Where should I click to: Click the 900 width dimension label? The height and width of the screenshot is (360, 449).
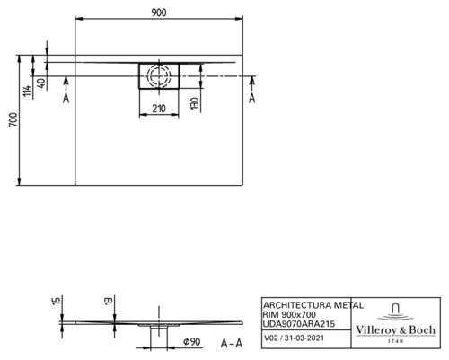[x=159, y=13]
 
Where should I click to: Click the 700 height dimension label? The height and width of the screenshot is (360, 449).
[x=13, y=120]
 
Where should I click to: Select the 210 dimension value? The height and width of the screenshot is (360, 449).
[x=159, y=109]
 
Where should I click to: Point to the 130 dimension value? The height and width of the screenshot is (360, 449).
[x=195, y=103]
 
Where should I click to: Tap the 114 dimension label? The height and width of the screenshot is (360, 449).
[x=27, y=91]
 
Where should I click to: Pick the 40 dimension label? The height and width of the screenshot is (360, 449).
[x=42, y=83]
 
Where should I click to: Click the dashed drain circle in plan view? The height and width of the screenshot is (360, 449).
[x=159, y=75]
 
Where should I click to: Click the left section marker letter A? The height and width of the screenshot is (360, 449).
[x=66, y=98]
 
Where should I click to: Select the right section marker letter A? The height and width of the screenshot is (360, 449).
[x=252, y=98]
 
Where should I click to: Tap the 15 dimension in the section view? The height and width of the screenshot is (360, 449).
[x=56, y=300]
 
